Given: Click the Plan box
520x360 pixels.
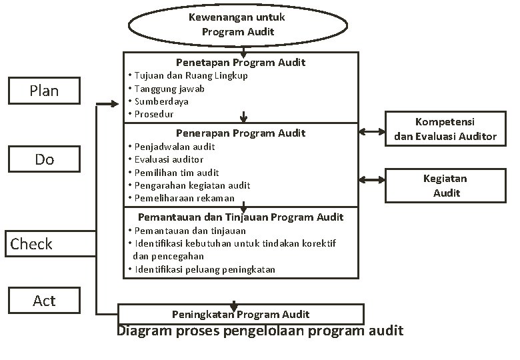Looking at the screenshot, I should pyautogui.click(x=44, y=91).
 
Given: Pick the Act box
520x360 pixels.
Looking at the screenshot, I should pyautogui.click(x=44, y=301).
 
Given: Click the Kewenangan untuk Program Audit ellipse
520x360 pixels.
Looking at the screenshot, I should pyautogui.click(x=237, y=25).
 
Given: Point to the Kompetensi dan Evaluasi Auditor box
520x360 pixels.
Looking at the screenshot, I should pyautogui.click(x=445, y=129).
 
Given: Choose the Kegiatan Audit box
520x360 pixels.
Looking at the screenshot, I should pyautogui.click(x=445, y=185).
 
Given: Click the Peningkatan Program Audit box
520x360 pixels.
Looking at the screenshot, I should pyautogui.click(x=241, y=314).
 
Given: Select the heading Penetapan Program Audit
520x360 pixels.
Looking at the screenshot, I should pyautogui.click(x=241, y=62).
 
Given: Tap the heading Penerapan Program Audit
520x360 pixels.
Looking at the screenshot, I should pyautogui.click(x=241, y=133).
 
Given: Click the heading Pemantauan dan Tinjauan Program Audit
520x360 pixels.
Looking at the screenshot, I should pyautogui.click(x=241, y=217).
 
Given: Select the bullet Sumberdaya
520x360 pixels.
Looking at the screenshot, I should pyautogui.click(x=161, y=101).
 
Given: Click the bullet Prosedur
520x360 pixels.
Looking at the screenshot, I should pyautogui.click(x=154, y=114).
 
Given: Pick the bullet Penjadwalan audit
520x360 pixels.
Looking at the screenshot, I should pyautogui.click(x=175, y=146).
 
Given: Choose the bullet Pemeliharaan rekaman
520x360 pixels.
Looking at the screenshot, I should pyautogui.click(x=184, y=198).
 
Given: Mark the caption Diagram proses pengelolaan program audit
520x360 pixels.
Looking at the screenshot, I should pyautogui.click(x=260, y=331).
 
